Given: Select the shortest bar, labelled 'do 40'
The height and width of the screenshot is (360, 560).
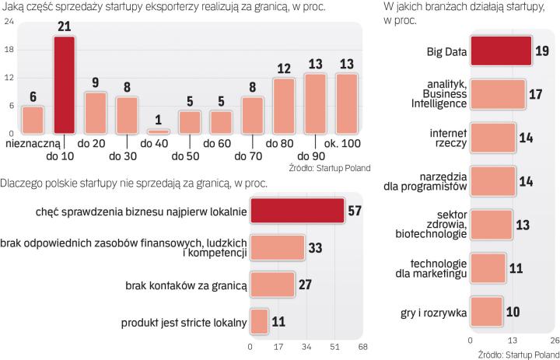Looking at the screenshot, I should [x=158, y=131].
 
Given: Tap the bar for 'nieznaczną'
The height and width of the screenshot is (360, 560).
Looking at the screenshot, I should [x=33, y=120].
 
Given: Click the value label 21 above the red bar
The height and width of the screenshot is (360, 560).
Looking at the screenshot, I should [x=65, y=27].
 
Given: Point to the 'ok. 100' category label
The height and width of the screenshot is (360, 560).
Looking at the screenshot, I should [x=342, y=145].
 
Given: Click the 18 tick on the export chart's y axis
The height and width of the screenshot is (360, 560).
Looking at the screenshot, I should [x=8, y=50].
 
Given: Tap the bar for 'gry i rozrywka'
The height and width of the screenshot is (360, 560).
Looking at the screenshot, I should [x=486, y=312].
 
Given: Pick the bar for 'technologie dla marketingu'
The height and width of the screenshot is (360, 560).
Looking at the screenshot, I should [x=488, y=268].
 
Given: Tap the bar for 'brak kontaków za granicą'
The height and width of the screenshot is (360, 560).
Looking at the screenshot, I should [x=272, y=286].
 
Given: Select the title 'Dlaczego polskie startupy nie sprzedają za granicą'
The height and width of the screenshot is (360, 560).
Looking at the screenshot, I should [x=134, y=183].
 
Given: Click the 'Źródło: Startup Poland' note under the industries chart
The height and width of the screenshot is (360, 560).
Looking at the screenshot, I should [x=512, y=354].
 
